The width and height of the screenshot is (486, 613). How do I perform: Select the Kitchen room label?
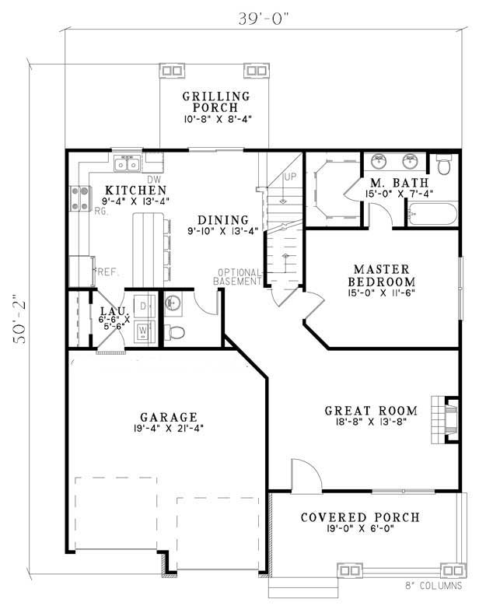pyautogui.click(x=136, y=190)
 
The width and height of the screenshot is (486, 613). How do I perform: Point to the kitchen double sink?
pyautogui.click(x=128, y=163)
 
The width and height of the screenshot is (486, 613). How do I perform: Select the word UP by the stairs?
pyautogui.click(x=292, y=177)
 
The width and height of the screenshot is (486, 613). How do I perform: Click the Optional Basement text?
pyautogui.click(x=240, y=276)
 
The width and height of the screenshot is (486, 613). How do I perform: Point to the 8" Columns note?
pyautogui.click(x=433, y=585)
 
